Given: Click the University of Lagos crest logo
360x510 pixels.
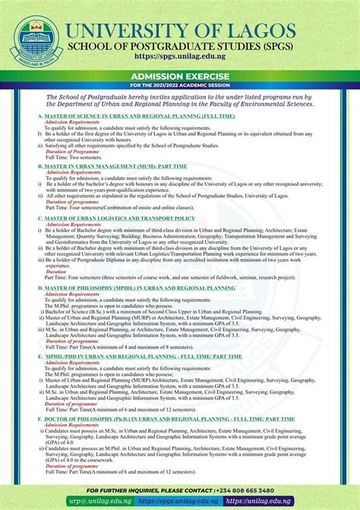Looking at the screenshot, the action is click(35, 37).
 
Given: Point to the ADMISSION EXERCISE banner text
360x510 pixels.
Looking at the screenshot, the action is click(179, 77).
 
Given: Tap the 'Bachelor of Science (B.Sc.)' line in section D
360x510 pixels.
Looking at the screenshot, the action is click(152, 311).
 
